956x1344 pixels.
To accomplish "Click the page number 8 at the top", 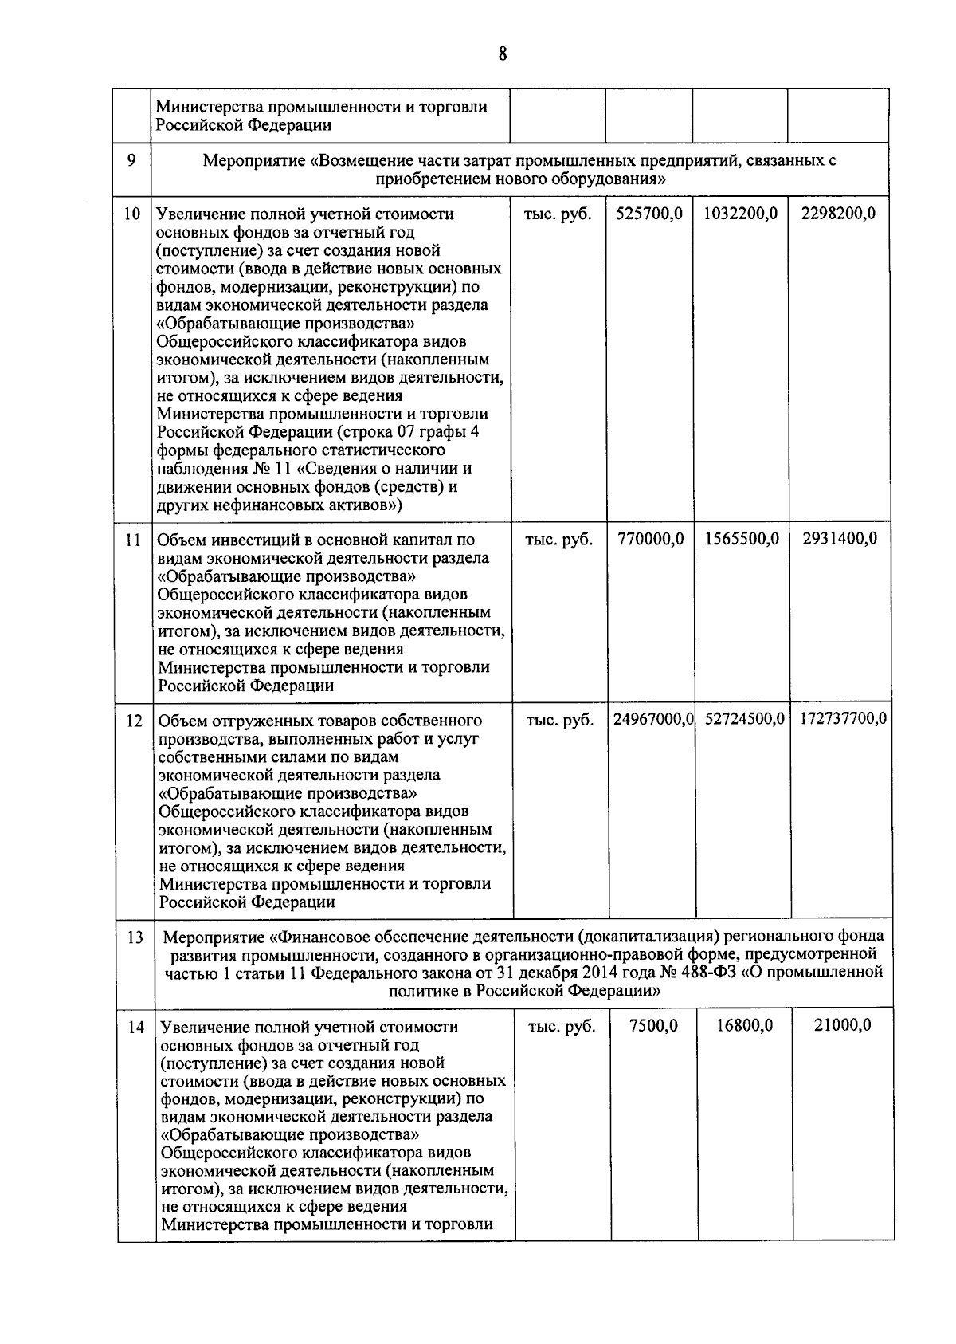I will pos(502,53).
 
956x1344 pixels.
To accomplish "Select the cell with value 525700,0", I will pos(649,214).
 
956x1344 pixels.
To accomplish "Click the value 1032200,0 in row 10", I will pos(740,214).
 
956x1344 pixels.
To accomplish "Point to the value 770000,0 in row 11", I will pos(650,539).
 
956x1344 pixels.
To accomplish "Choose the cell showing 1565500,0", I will pos(742,539).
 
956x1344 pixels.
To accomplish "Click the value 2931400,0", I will pos(840,539).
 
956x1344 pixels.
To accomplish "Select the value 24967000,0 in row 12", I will pos(653,720).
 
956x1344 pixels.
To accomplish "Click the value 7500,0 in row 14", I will pos(653,1025).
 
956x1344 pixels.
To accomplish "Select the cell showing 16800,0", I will pos(744,1025).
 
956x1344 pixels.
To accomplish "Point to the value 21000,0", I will pos(842,1025).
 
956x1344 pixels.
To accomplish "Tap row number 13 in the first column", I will pos(135,937).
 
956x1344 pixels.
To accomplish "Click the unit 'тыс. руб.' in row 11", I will pos(559,539).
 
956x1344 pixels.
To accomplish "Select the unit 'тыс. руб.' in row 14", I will pos(562,1027).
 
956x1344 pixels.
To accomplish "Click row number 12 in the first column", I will pos(135,721).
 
